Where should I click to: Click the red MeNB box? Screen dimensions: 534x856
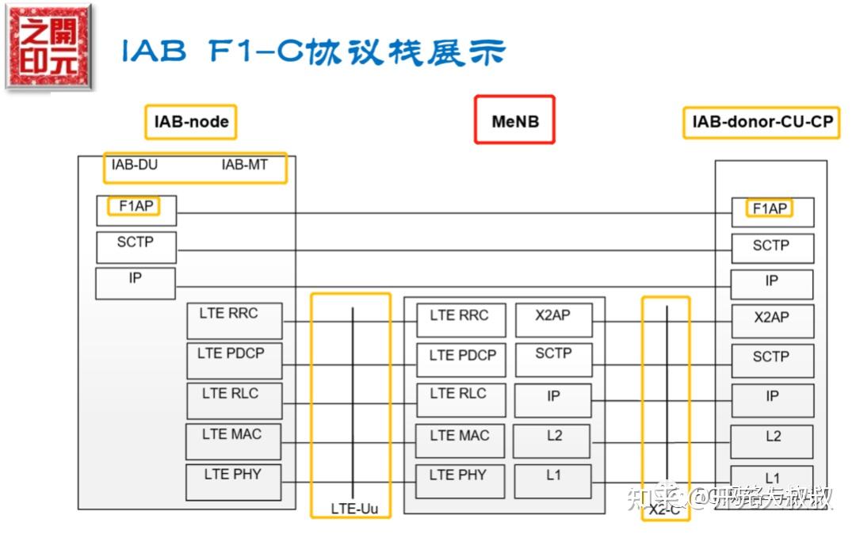(x=514, y=120)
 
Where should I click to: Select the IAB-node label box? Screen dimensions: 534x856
(x=191, y=122)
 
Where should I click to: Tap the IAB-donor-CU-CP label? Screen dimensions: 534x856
(x=761, y=123)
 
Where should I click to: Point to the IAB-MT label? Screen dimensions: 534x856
(x=244, y=166)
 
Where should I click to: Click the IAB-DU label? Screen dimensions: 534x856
(x=136, y=166)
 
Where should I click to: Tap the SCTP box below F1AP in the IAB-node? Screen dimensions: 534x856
(x=136, y=246)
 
